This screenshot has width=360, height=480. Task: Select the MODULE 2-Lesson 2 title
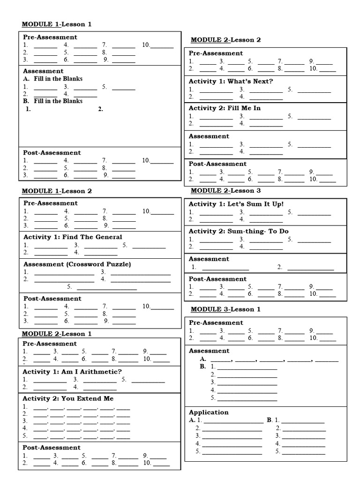pyautogui.click(x=225, y=40)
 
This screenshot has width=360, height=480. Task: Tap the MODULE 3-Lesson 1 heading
pyautogui.click(x=225, y=309)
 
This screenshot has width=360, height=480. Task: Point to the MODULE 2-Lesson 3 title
pyautogui.click(x=225, y=190)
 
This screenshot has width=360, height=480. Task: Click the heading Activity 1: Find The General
pyautogui.click(x=73, y=237)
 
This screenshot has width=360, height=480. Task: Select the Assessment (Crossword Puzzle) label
pyautogui.click(x=77, y=264)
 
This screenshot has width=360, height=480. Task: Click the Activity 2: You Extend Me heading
pyautogui.click(x=68, y=398)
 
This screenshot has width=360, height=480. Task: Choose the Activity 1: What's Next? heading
pyautogui.click(x=231, y=81)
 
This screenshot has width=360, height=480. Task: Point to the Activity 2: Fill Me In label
pyautogui.click(x=225, y=108)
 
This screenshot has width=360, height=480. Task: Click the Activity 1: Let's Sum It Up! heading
pyautogui.click(x=236, y=204)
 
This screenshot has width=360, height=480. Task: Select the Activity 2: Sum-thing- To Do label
pyautogui.click(x=239, y=231)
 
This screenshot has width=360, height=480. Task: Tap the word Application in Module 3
pyautogui.click(x=209, y=412)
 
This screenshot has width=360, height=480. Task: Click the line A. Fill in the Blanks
pyautogui.click(x=53, y=79)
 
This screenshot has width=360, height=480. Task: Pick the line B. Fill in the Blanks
pyautogui.click(x=53, y=101)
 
